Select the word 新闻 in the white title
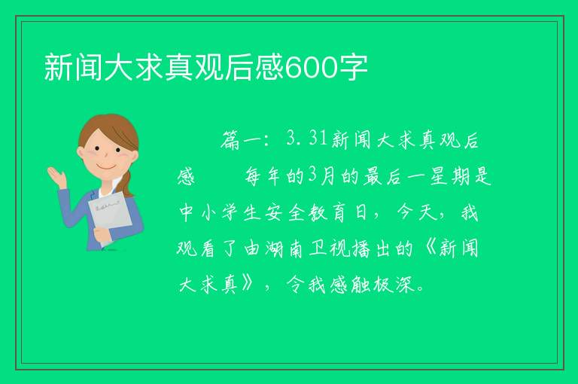73,67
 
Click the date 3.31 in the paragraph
307,139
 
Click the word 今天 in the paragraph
417,213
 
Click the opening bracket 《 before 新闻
430,248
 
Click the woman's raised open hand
57,177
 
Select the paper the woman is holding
110,217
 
